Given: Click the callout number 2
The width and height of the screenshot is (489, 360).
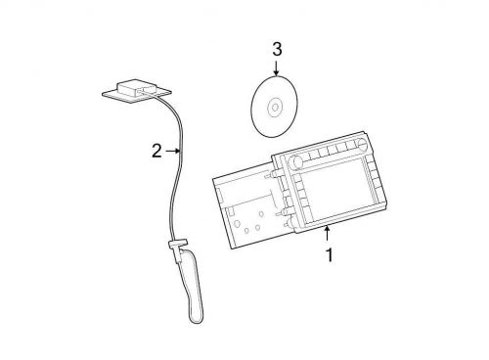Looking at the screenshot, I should tap(156, 152).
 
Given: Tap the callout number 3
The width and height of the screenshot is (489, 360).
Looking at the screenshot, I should tap(276, 48).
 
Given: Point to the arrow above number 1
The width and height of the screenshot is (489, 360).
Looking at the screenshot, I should tap(328, 232).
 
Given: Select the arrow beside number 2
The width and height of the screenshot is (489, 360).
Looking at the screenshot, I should tap(173, 152).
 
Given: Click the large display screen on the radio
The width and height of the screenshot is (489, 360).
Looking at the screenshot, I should tap(333, 185).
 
